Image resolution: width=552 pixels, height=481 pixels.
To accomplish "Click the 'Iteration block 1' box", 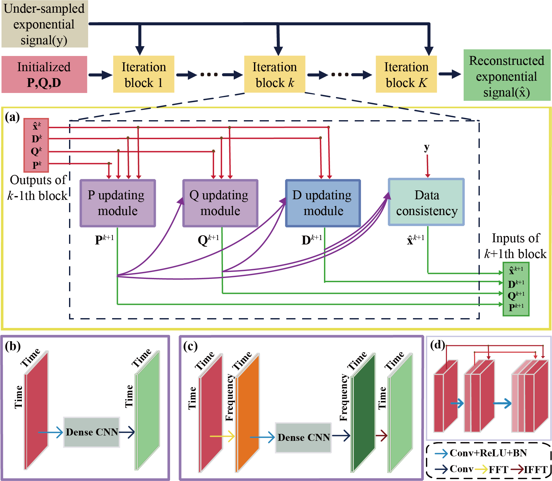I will coord(143,74).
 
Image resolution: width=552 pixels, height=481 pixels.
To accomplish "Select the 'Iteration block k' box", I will coord(275,74).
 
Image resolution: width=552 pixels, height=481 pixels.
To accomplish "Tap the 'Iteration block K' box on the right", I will coord(406,74).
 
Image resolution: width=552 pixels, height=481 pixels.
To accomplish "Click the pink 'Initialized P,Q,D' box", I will coord(44,74).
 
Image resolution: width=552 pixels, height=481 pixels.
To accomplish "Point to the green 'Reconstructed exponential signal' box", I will coord(507,75).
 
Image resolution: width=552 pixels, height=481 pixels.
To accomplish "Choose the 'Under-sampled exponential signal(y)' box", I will coord(44,24).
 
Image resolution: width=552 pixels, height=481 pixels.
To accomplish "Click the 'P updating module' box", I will coord(117,203).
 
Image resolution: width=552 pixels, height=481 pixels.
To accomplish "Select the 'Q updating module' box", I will coord(220,203).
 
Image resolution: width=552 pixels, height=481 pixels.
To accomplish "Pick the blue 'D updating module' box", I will coord(323,203).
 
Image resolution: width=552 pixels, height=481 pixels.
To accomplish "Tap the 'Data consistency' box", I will coord(426,202).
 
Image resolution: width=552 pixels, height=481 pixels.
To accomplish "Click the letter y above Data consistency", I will coord(427,147).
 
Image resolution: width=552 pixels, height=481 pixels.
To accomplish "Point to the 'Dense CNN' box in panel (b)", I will coord(92,432).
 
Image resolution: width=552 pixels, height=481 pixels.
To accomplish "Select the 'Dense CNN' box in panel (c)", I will coord(303,437).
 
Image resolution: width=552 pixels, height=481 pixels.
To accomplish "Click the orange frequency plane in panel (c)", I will coord(248,414).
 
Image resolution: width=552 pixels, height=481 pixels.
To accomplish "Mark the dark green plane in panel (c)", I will coord(364,414).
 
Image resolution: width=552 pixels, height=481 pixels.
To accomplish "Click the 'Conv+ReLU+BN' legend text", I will coord(488,453).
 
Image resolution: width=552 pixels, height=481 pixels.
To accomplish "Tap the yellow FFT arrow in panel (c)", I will coord(222,436).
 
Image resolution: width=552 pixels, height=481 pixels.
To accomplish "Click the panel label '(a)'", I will coord(12,117).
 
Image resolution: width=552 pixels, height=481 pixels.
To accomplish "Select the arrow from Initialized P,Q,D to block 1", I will coord(100,75).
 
